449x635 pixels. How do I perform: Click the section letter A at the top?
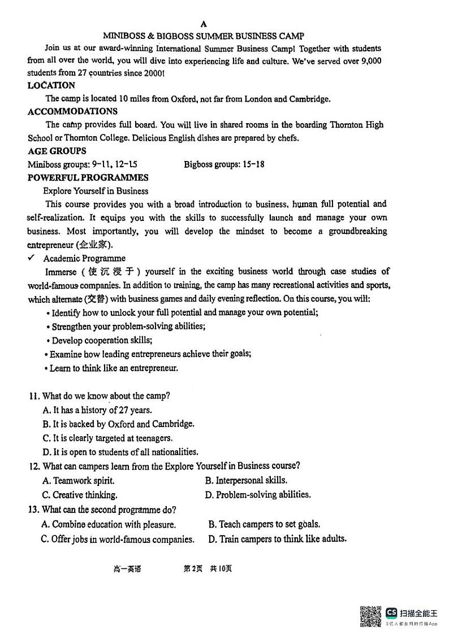click(204, 23)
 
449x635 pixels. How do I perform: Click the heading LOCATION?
click(51, 85)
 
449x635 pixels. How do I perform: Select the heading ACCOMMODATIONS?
click(72, 111)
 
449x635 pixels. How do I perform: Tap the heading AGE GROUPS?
click(57, 151)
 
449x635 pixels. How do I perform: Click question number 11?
click(34, 396)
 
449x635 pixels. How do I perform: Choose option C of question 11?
click(107, 438)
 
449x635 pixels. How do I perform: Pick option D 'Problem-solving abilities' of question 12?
click(258, 494)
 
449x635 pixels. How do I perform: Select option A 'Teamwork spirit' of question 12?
click(78, 481)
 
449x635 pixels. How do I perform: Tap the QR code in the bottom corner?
click(370, 616)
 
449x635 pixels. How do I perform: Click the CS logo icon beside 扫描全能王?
click(391, 613)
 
